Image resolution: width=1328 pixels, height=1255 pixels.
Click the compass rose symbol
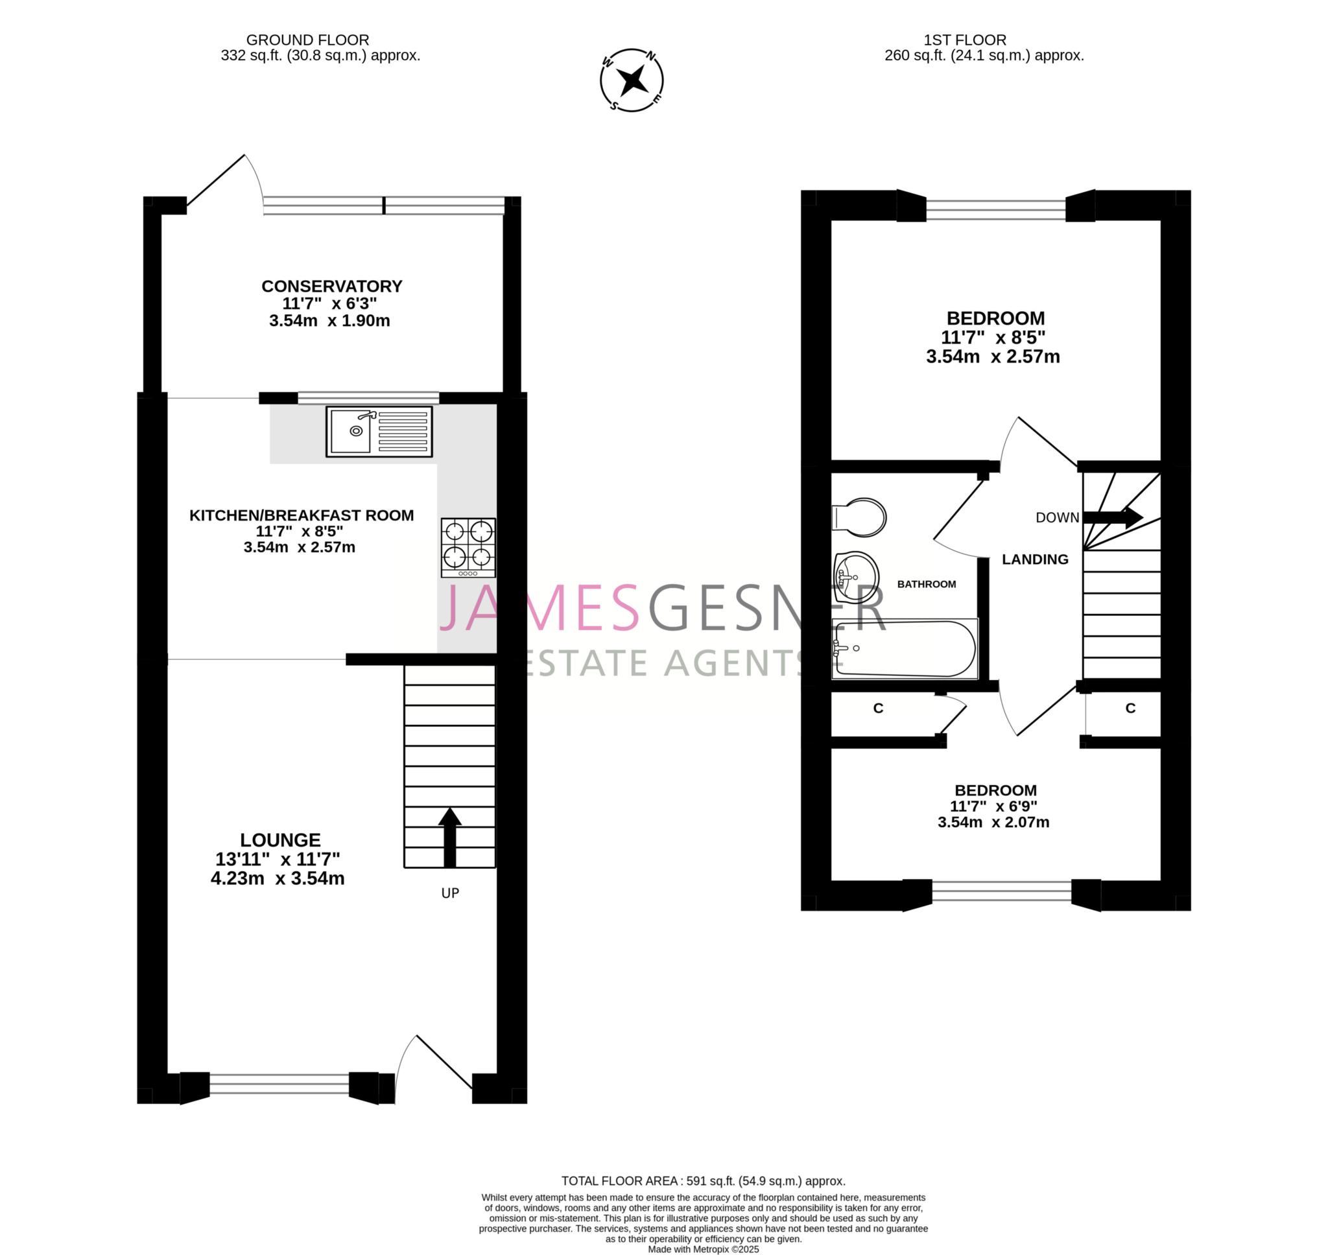coord(632,80)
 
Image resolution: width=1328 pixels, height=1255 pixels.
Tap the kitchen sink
coord(379,432)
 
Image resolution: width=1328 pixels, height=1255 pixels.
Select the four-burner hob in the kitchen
coord(468,547)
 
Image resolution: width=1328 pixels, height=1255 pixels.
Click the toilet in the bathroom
coord(859,517)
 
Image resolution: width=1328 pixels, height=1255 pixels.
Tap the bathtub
coord(904,648)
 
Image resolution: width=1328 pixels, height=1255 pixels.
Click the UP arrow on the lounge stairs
coord(449,838)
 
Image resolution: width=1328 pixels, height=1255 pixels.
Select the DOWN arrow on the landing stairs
coord(1113,517)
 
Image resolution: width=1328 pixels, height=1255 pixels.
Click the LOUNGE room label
coord(280,839)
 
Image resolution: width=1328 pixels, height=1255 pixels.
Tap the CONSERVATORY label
coord(332,287)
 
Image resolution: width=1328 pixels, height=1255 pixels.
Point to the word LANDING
coord(1035,559)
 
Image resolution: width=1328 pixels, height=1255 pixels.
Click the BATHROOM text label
coord(927,584)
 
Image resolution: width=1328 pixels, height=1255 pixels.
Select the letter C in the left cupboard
coord(879,708)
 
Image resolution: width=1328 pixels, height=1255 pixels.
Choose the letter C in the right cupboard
coord(1131,708)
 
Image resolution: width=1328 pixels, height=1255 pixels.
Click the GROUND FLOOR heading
coord(308,40)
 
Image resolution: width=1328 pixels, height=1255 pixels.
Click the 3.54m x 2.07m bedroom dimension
coord(993,822)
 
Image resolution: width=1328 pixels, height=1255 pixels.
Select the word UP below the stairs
coord(450,893)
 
